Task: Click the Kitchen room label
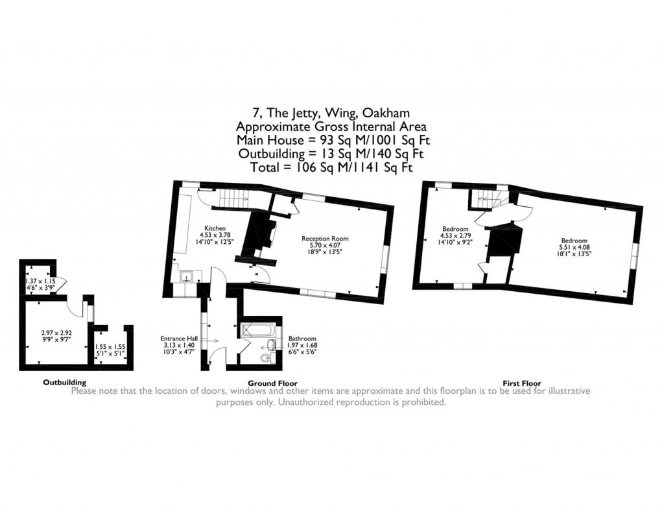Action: pyautogui.click(x=215, y=229)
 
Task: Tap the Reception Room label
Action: pyautogui.click(x=321, y=239)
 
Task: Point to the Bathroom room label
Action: pyautogui.click(x=303, y=339)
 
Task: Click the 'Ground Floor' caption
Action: pyautogui.click(x=273, y=383)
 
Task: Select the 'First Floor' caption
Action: pyautogui.click(x=522, y=383)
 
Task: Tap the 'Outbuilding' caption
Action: pyautogui.click(x=64, y=383)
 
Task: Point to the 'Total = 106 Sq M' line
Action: pyautogui.click(x=331, y=168)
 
